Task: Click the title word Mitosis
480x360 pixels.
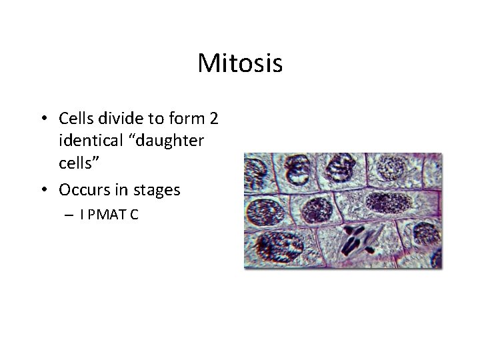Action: (240, 64)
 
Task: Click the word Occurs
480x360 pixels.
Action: (83, 190)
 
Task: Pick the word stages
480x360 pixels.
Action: (156, 190)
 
